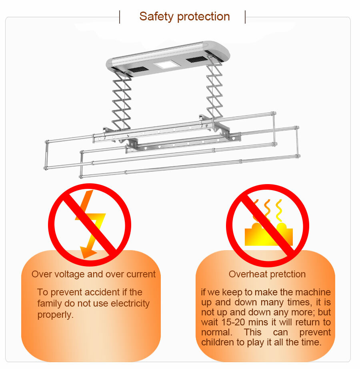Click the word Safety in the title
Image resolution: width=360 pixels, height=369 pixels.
coord(156,17)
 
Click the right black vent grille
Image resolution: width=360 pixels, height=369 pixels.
coord(196,59)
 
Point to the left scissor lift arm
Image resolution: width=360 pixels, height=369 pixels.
coord(122,101)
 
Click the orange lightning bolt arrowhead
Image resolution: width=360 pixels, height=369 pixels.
coord(88,252)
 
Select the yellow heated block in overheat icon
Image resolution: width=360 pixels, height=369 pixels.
coord(268,235)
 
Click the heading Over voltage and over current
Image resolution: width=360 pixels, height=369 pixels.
coord(94,274)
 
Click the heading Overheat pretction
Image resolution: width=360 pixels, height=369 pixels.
coord(267,274)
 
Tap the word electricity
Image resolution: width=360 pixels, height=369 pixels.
coord(130,304)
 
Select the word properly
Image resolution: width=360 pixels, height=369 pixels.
coord(56,315)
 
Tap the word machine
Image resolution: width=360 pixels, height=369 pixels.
coord(313,292)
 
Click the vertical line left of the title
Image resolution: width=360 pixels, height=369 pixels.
coord(120,17)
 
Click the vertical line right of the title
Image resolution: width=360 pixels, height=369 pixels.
coord(245,17)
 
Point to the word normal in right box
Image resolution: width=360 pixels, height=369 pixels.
coord(216,332)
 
